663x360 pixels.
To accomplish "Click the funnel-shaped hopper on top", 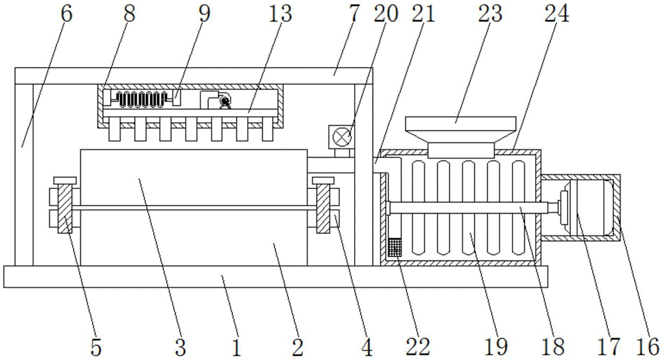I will [x=460, y=130].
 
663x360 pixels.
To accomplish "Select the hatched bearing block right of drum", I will [x=324, y=210].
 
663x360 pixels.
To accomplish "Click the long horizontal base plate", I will [x=275, y=276].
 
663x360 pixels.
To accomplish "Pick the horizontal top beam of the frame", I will [x=192, y=76].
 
